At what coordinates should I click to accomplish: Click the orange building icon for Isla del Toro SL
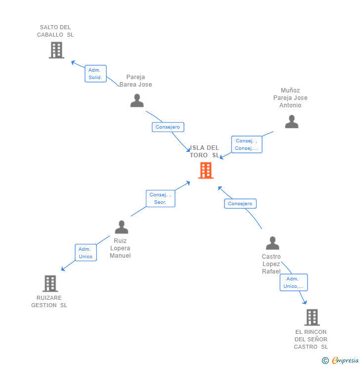coord(206,170)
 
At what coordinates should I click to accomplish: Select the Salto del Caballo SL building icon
coord(56,50)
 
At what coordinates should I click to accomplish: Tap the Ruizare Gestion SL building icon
coord(50,283)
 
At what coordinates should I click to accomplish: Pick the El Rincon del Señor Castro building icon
coord(312,317)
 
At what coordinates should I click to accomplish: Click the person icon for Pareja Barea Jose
coord(137,100)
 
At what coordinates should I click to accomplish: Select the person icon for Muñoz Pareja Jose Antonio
coord(292,122)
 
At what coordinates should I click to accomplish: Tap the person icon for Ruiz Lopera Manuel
coord(121,228)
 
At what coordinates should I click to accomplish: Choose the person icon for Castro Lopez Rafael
coord(272,243)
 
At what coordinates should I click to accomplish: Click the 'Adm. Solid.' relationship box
coord(95,74)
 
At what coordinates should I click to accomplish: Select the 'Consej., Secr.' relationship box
coord(160,198)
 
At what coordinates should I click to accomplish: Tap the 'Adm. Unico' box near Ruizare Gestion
coord(85,253)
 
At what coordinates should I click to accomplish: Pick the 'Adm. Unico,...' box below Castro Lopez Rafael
coord(294,282)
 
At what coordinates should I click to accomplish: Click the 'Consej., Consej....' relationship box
coord(246,144)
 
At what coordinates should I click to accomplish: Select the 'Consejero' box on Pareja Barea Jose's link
coord(168,127)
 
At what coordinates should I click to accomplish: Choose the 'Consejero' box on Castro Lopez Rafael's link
coord(240,203)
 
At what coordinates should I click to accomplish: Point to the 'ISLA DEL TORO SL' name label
coord(205,151)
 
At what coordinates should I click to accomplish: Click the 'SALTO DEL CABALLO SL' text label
coord(55,31)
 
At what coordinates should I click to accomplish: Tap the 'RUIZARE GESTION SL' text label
coord(49,302)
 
